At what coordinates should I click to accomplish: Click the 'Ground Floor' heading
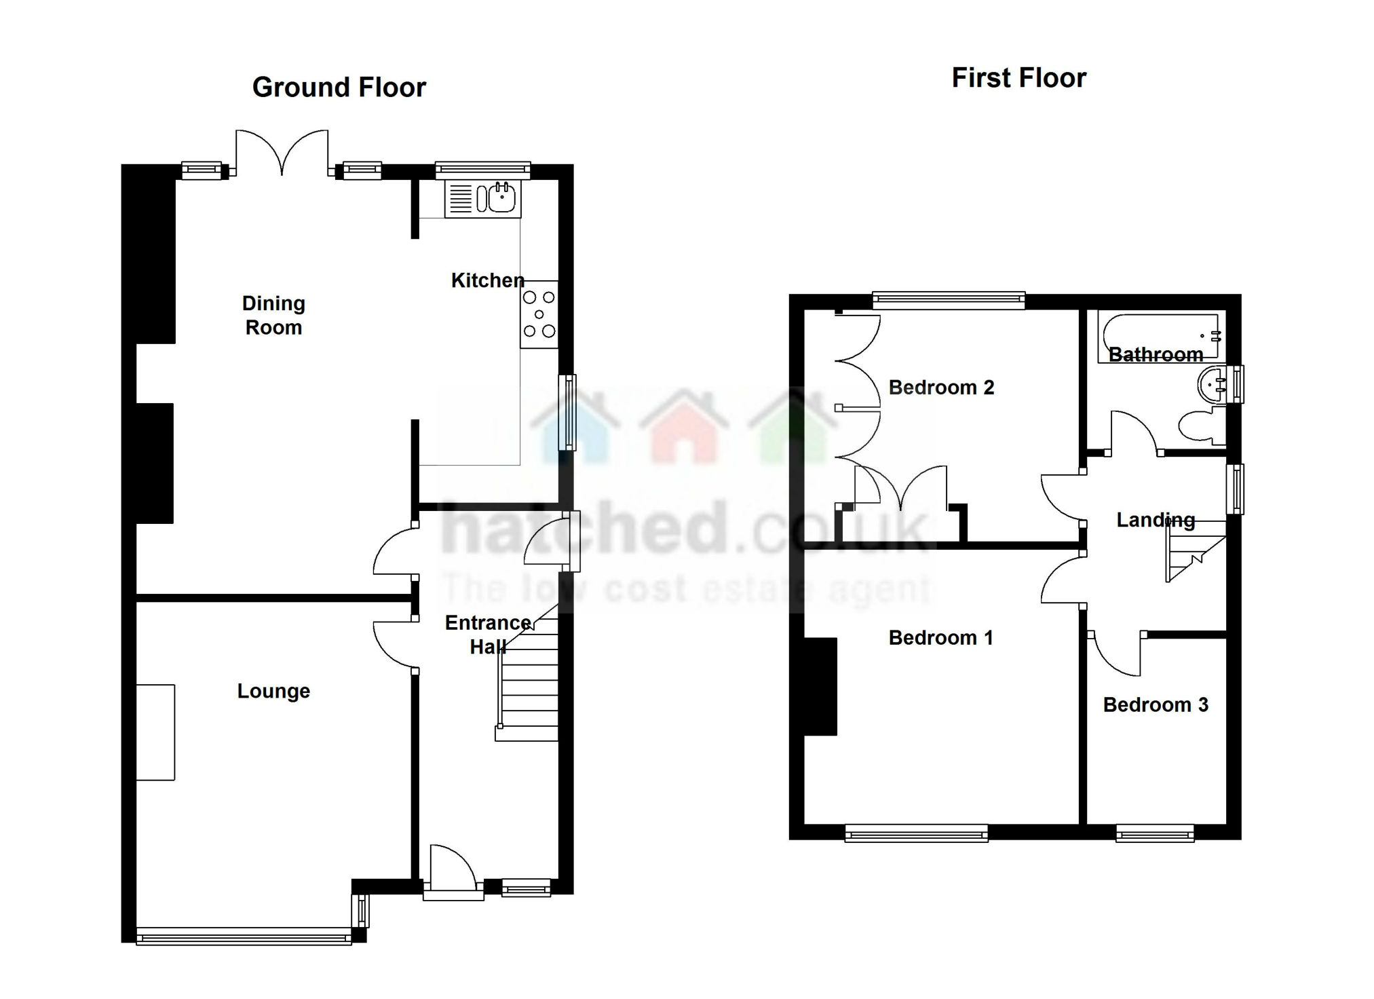tap(339, 88)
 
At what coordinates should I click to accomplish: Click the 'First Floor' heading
tap(1018, 78)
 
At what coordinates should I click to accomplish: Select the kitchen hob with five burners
tap(539, 314)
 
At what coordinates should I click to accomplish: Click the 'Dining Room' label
tap(273, 315)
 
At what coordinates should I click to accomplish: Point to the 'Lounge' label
tap(273, 691)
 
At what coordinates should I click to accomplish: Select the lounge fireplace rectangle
tap(155, 732)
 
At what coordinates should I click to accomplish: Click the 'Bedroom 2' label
tap(941, 388)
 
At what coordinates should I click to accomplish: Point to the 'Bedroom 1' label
tap(940, 638)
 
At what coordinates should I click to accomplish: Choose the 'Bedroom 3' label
tap(1156, 705)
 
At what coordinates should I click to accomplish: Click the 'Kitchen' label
tap(487, 280)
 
